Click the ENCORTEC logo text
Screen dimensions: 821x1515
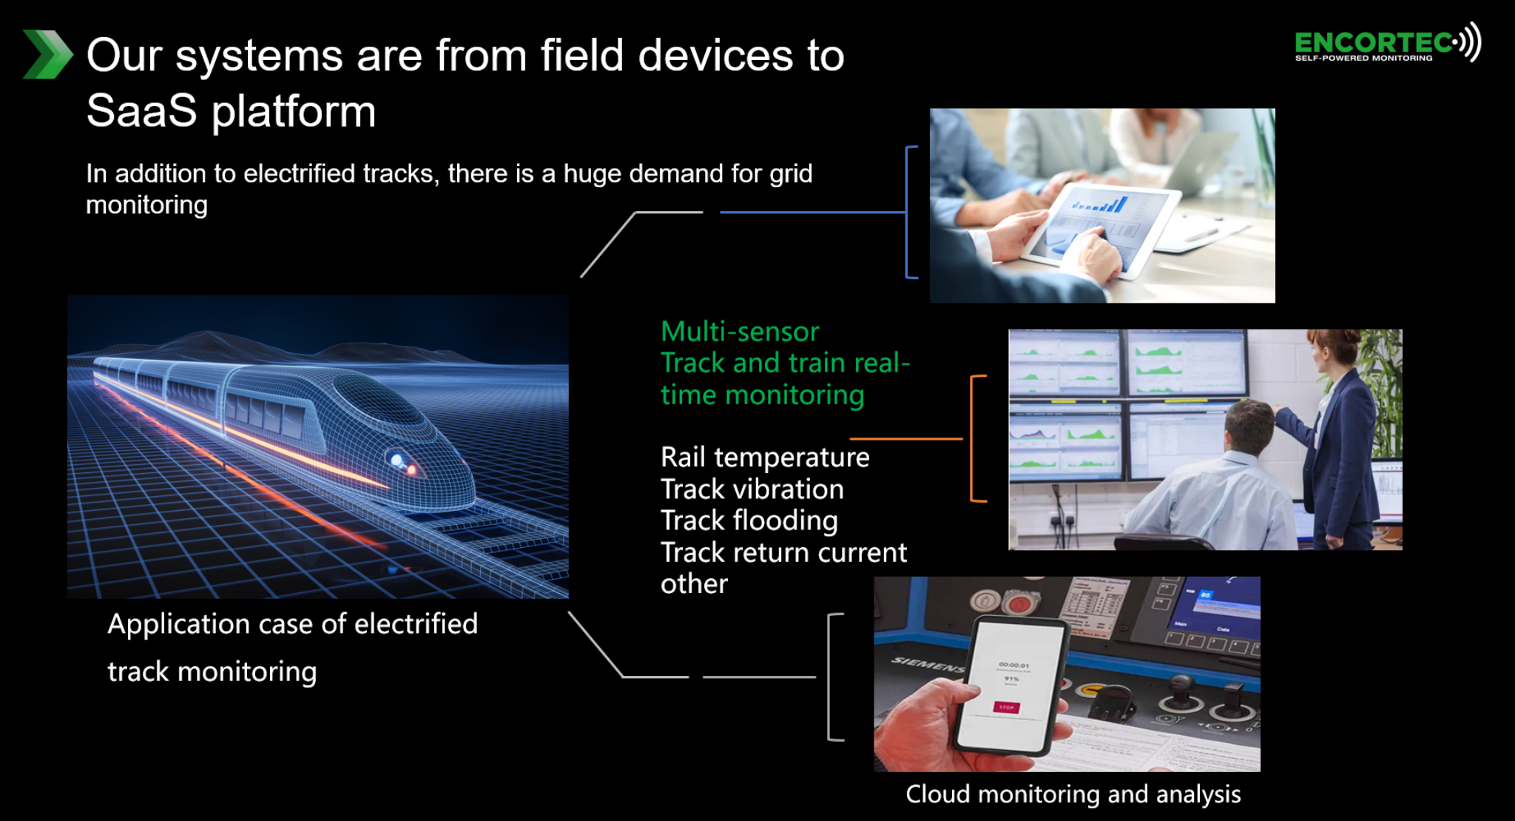pos(1373,43)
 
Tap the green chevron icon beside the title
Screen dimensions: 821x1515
pos(47,54)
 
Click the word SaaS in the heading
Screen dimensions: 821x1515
pos(141,111)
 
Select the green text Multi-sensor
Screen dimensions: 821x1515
pos(740,332)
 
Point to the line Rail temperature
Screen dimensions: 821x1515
pos(764,458)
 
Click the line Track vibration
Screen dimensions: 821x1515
pos(752,489)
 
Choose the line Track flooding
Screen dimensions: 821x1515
pos(749,520)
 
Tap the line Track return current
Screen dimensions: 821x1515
pos(783,552)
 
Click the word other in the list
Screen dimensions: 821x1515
pos(694,584)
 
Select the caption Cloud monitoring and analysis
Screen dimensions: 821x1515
pos(1073,794)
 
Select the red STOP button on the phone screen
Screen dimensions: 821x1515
pos(1006,708)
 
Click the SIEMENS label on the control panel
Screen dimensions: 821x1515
pos(928,664)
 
